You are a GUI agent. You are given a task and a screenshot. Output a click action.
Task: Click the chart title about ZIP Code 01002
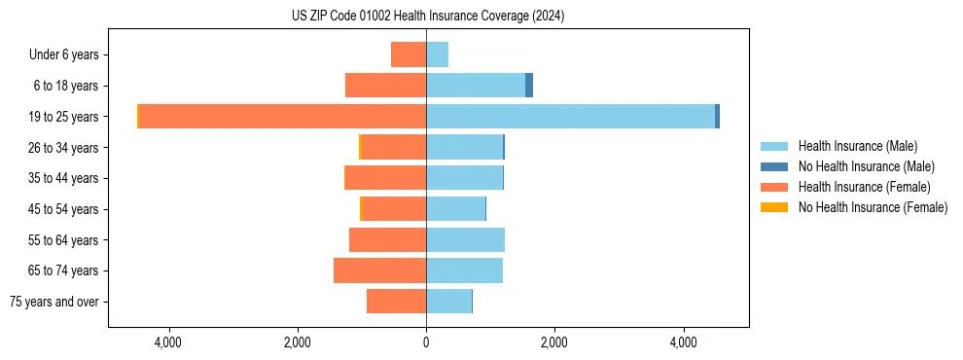tap(427, 17)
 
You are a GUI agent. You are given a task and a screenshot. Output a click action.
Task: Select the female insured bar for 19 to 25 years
tap(282, 116)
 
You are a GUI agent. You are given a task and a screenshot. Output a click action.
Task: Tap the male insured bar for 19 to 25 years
tap(570, 116)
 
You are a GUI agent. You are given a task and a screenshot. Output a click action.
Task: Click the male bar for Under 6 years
tap(437, 54)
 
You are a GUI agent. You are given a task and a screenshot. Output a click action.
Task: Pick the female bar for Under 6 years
tap(409, 54)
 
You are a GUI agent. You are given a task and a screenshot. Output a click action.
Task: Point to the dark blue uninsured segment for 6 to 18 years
tap(529, 86)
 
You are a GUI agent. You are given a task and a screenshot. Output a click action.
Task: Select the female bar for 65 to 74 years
tap(379, 270)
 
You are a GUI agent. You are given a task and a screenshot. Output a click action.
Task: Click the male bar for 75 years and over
tap(448, 302)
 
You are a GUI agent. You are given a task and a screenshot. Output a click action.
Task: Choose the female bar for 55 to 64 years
tap(387, 239)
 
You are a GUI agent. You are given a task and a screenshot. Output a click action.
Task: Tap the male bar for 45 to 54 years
tap(455, 208)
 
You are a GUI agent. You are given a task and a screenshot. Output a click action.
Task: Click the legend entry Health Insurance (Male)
tap(856, 146)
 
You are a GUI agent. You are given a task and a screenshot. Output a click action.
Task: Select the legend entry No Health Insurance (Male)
tap(866, 166)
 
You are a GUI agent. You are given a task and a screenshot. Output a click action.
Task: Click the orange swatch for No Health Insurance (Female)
tap(774, 207)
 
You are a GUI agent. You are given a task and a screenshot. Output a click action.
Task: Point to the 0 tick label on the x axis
tap(426, 342)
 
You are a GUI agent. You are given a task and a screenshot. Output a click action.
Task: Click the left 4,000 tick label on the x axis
tap(168, 342)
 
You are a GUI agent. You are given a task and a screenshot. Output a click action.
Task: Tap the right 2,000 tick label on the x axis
tap(554, 342)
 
